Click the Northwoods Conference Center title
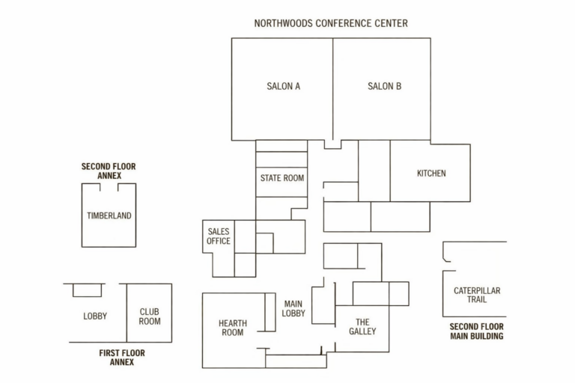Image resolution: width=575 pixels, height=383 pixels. click(x=331, y=23)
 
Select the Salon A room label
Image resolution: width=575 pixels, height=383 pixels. click(x=284, y=86)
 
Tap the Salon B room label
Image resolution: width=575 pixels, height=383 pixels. click(x=384, y=86)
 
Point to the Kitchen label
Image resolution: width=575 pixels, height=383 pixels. click(x=431, y=174)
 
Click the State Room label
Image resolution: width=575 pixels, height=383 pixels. click(x=282, y=178)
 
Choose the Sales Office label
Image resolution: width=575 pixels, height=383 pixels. click(x=219, y=236)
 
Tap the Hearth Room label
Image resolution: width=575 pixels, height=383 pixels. click(x=233, y=328)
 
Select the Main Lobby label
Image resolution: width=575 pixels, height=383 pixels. click(x=293, y=308)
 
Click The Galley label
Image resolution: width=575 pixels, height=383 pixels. click(x=362, y=326)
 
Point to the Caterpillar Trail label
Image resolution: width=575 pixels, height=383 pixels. click(x=477, y=295)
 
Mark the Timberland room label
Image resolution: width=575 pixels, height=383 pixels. click(x=109, y=215)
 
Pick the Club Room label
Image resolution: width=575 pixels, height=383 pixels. click(x=150, y=316)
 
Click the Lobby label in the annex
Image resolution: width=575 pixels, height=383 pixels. click(x=95, y=316)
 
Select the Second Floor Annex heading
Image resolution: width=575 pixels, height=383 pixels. click(x=109, y=171)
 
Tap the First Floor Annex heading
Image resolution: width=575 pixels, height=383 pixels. click(x=122, y=357)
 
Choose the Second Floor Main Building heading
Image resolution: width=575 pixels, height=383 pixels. click(x=477, y=331)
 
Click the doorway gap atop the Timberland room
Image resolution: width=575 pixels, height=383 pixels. click(x=109, y=185)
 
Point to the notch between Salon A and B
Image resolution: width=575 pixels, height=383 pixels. click(x=332, y=144)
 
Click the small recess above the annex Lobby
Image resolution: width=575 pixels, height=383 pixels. click(x=87, y=290)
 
